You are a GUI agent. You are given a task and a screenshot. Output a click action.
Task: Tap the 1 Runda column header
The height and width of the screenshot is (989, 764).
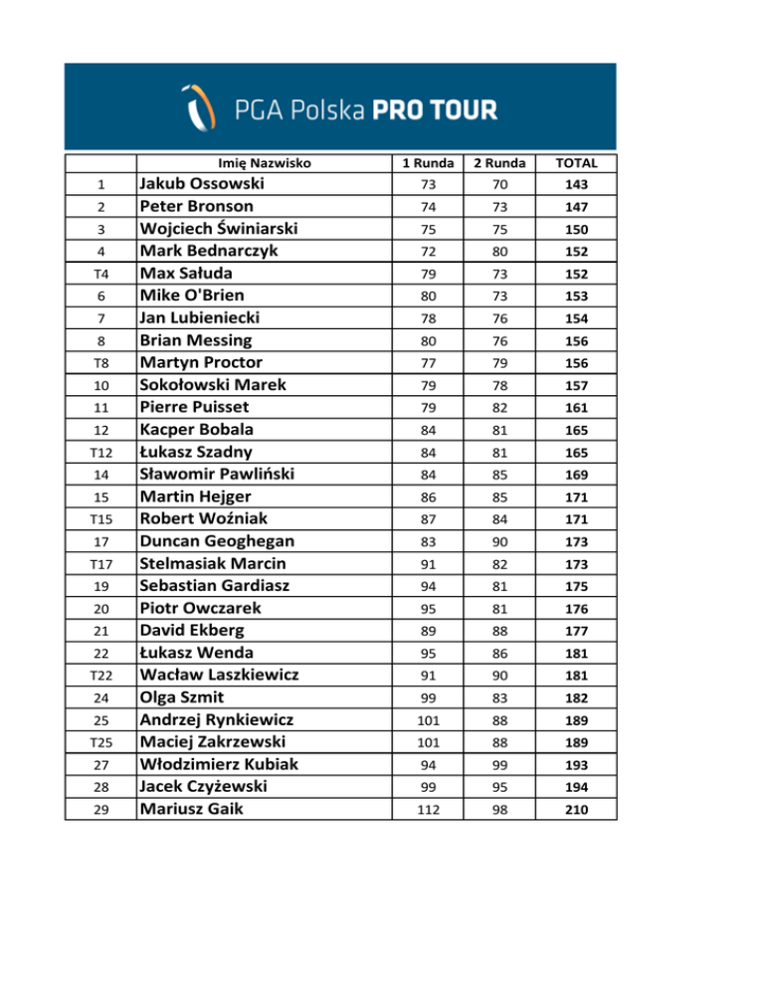428,162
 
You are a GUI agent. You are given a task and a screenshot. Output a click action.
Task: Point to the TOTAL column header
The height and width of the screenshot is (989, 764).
576,162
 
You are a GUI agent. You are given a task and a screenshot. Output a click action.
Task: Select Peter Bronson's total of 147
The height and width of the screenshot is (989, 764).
576,208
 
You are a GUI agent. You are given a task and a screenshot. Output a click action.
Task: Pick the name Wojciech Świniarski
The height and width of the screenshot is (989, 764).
219,229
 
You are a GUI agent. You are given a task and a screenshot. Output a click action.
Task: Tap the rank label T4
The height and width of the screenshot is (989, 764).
100,275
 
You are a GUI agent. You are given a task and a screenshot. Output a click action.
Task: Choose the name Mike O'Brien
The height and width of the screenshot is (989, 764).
192,296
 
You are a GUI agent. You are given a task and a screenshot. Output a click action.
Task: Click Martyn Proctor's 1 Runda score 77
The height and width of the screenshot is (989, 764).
428,363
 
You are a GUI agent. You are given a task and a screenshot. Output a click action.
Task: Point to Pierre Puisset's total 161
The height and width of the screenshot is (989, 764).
576,408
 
